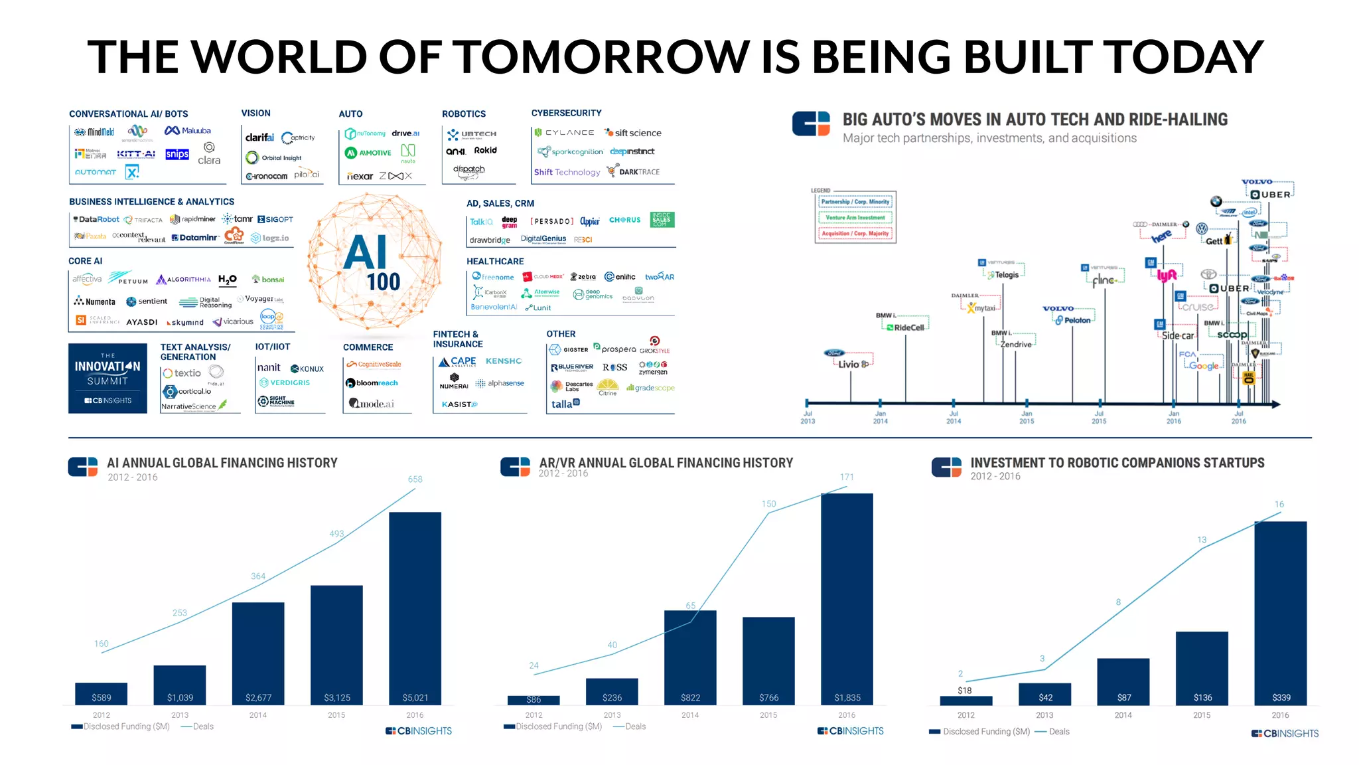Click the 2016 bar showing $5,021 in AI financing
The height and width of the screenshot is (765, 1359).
[x=415, y=608]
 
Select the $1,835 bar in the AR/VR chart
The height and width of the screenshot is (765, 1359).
[x=847, y=598]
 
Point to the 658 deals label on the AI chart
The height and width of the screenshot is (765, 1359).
[x=415, y=479]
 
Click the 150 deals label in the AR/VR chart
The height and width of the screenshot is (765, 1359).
[x=768, y=504]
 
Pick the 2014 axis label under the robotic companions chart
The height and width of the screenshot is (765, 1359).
[x=1123, y=715]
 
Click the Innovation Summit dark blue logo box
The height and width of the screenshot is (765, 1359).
[x=107, y=378]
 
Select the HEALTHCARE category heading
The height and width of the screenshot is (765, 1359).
[x=495, y=262]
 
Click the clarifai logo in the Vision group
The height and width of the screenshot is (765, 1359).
[x=259, y=137]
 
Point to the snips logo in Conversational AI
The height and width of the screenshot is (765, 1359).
[x=177, y=154]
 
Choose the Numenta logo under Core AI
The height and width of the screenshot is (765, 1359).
[x=95, y=301]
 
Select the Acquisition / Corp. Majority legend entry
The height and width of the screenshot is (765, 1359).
[x=855, y=234]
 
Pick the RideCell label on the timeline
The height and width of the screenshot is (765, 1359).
[x=908, y=327]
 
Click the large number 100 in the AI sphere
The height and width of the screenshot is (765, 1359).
[x=384, y=282]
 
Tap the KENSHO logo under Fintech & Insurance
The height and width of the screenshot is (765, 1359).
[x=504, y=361]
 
